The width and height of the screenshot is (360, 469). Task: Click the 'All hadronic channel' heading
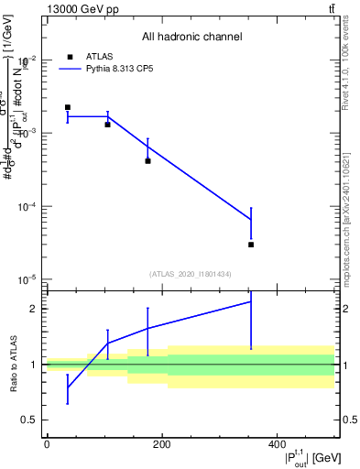click(x=191, y=37)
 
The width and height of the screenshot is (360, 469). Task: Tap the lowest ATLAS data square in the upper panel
click(x=251, y=245)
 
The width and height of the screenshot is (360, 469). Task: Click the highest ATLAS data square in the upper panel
click(x=68, y=107)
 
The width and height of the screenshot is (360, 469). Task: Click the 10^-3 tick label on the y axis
click(x=28, y=133)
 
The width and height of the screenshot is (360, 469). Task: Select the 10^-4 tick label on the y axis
click(x=28, y=206)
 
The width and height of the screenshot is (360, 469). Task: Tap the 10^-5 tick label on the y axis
click(x=28, y=279)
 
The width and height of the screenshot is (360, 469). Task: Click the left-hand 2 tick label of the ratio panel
click(x=34, y=309)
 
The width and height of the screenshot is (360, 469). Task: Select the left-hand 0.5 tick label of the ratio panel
click(x=31, y=420)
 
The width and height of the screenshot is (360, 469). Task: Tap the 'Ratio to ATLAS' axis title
click(x=13, y=364)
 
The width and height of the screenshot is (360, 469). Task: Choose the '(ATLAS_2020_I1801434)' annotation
click(x=191, y=274)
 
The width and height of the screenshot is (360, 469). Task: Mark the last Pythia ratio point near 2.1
click(x=251, y=301)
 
